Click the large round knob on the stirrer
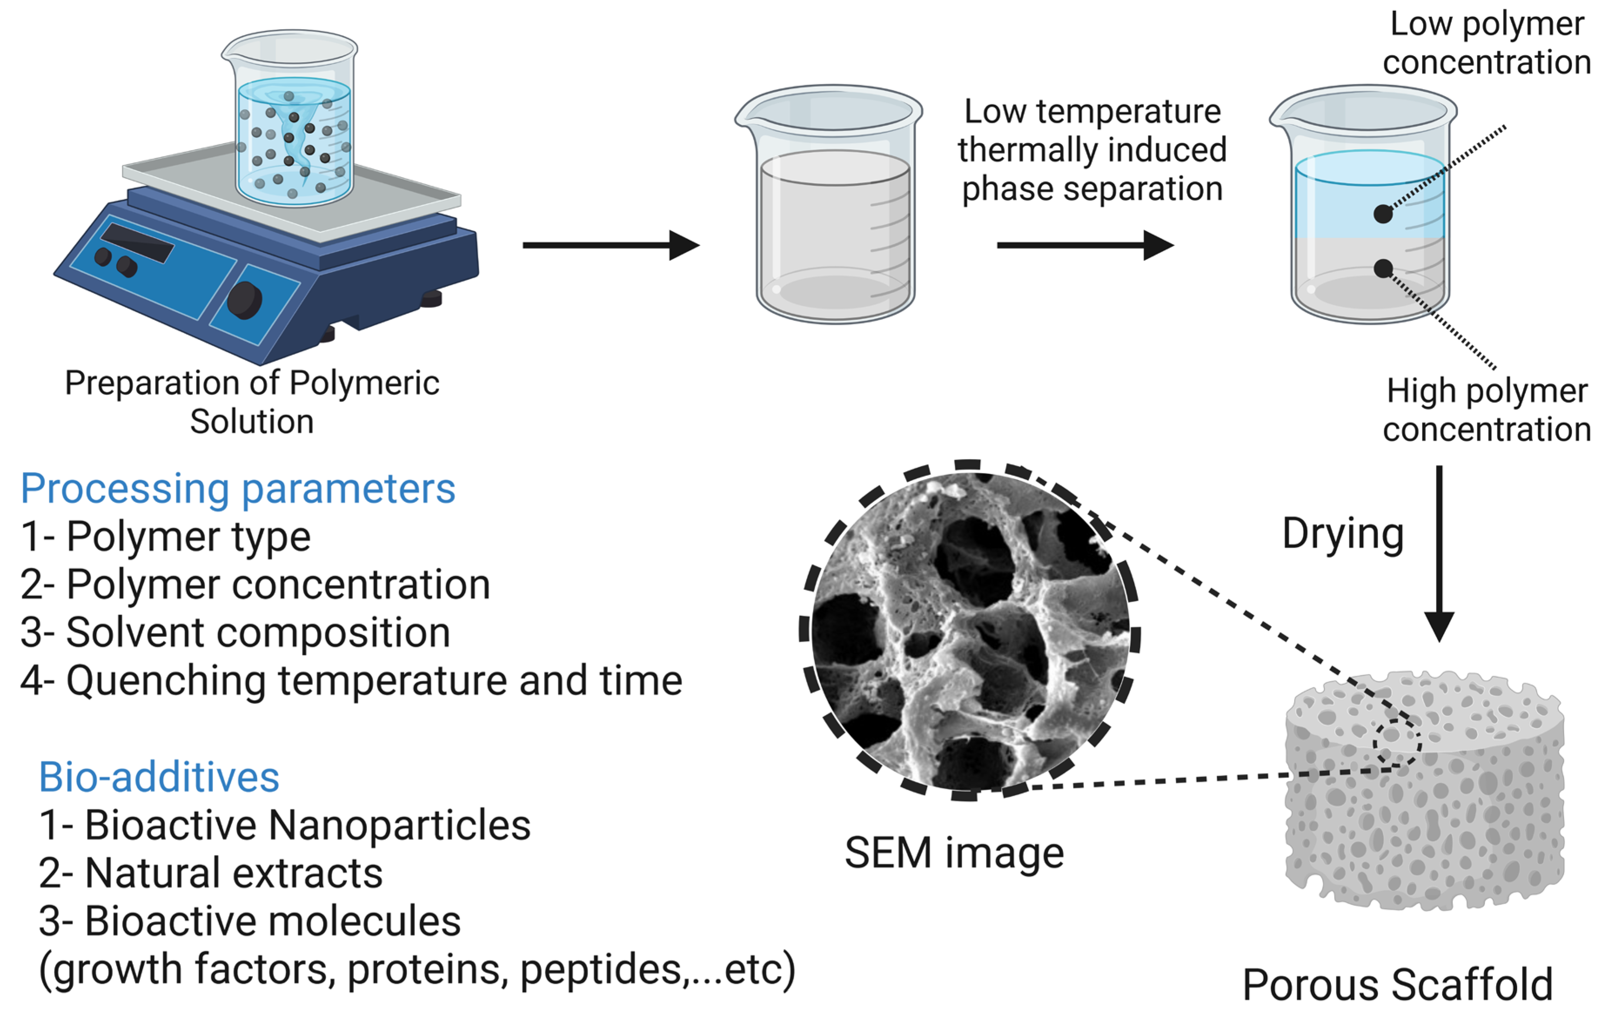click(x=244, y=300)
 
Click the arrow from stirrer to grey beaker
click(x=610, y=246)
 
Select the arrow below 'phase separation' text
click(x=1085, y=246)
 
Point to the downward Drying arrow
click(x=1439, y=553)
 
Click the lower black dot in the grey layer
click(x=1383, y=269)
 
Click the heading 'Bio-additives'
click(x=159, y=778)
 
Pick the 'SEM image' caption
click(x=954, y=853)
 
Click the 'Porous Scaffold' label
click(x=1398, y=985)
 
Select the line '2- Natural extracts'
click(x=211, y=873)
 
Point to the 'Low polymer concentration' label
click(x=1486, y=44)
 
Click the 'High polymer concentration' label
click(x=1486, y=410)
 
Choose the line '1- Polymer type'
click(x=166, y=537)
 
